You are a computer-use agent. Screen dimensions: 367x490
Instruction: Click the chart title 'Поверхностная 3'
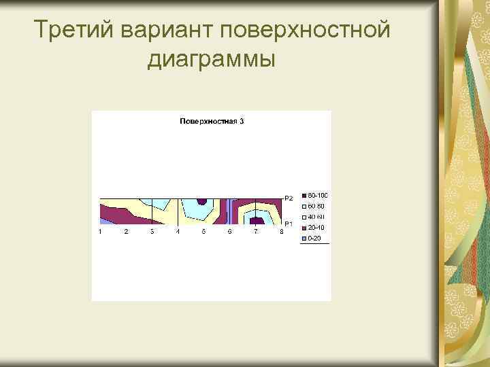point(212,122)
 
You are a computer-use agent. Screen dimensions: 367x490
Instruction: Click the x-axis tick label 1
point(100,232)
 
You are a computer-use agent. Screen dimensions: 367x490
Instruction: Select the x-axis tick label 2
point(126,232)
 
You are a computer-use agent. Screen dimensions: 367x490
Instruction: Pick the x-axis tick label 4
point(178,232)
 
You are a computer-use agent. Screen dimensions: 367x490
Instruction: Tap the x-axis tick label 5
point(203,232)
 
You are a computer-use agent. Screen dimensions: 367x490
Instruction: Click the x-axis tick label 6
point(229,232)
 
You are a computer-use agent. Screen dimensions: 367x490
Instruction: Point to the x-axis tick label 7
point(255,232)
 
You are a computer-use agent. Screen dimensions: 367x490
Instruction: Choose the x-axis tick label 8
point(281,232)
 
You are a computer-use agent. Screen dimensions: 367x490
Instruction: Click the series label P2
point(289,198)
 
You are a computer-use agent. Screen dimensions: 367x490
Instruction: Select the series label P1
point(289,224)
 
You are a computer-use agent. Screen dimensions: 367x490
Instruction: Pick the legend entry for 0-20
point(312,239)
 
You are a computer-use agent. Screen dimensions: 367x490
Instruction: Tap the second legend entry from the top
point(314,206)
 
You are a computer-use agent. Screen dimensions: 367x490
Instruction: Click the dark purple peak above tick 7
point(257,220)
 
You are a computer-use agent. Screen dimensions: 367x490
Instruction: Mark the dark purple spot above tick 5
point(202,201)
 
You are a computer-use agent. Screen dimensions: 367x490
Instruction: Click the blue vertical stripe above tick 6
point(231,211)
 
